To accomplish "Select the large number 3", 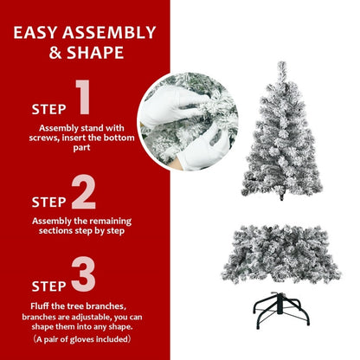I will (83, 274).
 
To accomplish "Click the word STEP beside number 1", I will (48, 110).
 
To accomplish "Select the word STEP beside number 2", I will (48, 202).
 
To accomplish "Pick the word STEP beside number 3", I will (48, 284).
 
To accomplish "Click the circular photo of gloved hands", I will (188, 121).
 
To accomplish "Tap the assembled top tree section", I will (283, 138).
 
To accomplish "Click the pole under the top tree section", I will (284, 200).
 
